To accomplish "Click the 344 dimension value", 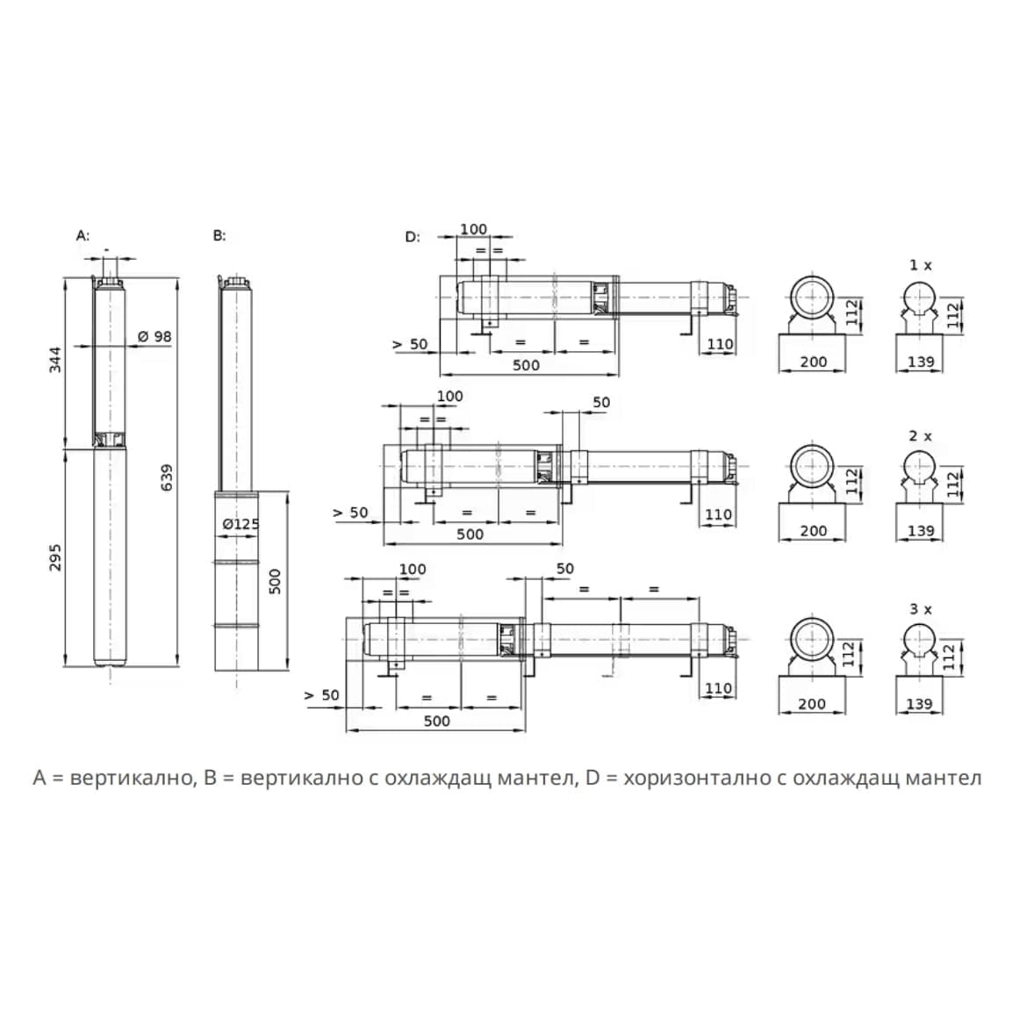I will tap(55, 359).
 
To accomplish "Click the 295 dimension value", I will tap(55, 556).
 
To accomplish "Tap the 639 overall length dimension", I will tap(167, 477).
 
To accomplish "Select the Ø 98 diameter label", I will tap(155, 336).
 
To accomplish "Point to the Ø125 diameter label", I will tap(240, 524).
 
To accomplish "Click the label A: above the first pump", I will tap(83, 236).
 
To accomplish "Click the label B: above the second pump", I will tap(219, 236).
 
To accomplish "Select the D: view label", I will tap(413, 237).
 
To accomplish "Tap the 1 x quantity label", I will tap(920, 264).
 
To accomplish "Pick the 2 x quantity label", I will tap(920, 435).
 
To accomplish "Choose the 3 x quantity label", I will tap(920, 608).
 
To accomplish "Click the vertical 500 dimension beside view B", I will tap(275, 581).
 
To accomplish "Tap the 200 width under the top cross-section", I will tap(813, 361).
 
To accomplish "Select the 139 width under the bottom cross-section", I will tap(918, 703).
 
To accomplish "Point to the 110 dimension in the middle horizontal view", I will tap(718, 514).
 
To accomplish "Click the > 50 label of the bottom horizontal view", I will tap(321, 695).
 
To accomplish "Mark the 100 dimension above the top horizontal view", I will tap(473, 229).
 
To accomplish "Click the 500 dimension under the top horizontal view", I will tap(526, 365).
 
